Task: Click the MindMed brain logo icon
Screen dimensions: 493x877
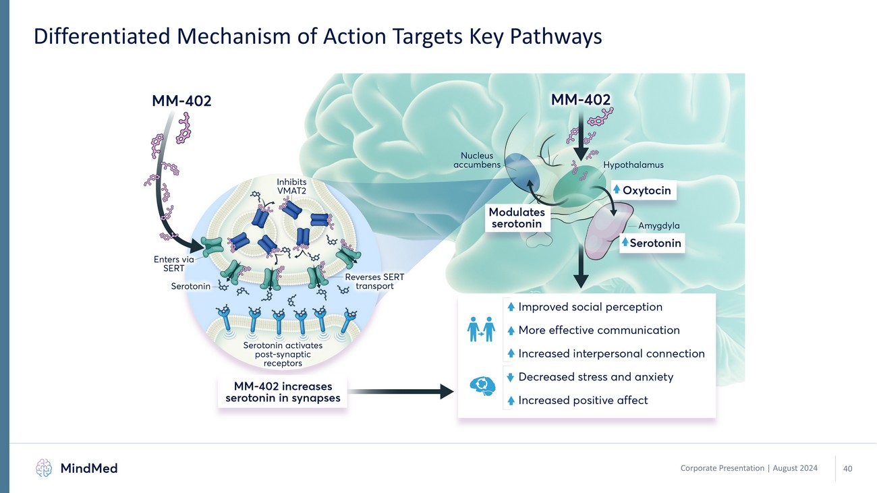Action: click(44, 467)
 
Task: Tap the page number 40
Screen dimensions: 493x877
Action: click(848, 469)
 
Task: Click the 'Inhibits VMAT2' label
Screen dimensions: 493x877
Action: click(293, 186)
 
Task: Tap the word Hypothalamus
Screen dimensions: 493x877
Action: click(633, 165)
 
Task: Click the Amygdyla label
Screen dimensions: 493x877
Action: click(658, 226)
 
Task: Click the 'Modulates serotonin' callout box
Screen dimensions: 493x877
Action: click(517, 218)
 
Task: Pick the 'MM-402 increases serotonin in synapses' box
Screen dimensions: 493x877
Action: click(283, 393)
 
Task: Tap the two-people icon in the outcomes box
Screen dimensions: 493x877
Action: click(482, 330)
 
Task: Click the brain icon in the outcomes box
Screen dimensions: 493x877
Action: click(482, 386)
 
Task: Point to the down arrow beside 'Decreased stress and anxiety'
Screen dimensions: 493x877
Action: click(511, 377)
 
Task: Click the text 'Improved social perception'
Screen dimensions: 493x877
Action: click(590, 307)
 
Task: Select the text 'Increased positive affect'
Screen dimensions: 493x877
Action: click(583, 400)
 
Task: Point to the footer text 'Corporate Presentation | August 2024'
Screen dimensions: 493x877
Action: click(749, 468)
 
